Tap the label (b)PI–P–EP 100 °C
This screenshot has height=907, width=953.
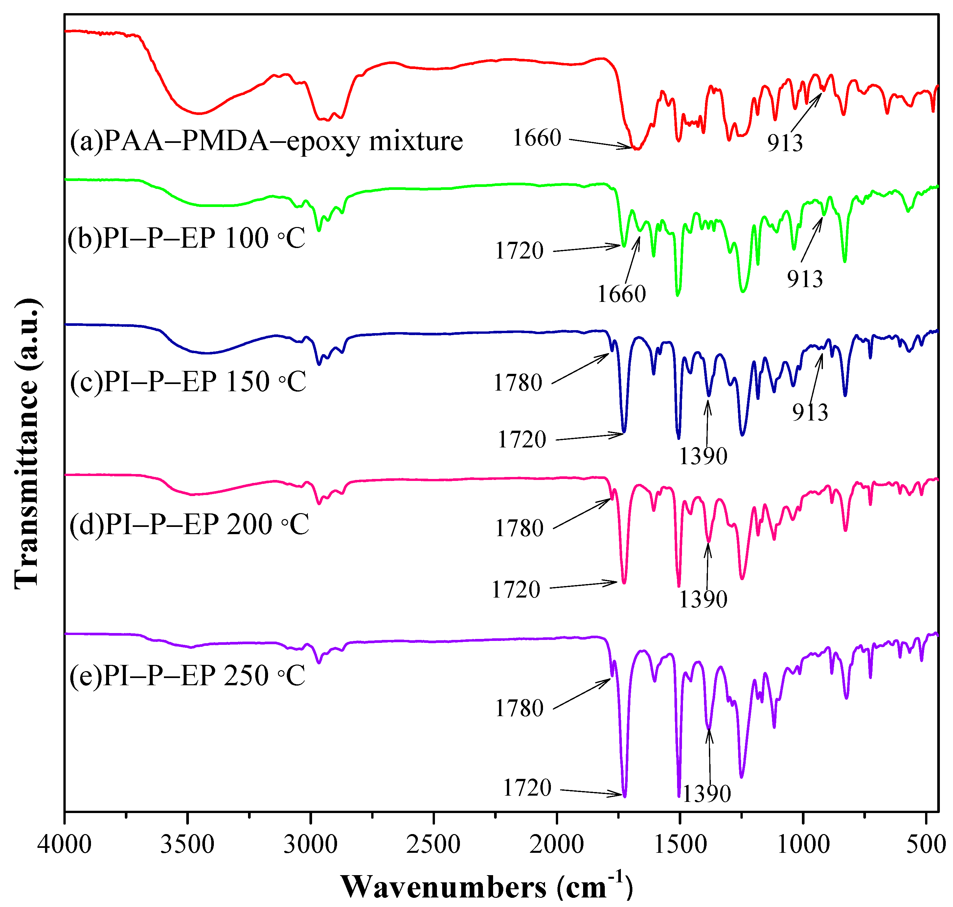[187, 238]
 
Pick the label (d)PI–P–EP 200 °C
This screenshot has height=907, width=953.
[189, 524]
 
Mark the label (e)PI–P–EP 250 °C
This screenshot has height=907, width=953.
[187, 675]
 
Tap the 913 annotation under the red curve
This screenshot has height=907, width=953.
[785, 143]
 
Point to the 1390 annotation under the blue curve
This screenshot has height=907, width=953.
[703, 456]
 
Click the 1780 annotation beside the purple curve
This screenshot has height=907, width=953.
[519, 708]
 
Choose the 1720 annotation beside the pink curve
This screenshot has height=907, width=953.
[515, 589]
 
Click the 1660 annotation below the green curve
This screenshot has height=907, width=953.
[621, 294]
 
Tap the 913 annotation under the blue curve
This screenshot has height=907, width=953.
[810, 412]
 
